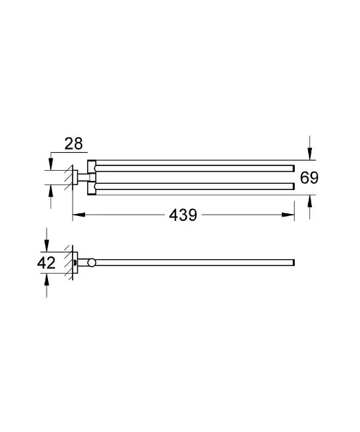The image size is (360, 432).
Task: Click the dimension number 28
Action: point(73,144)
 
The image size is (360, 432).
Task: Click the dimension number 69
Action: point(309,178)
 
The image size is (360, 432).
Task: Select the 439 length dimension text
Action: point(183,215)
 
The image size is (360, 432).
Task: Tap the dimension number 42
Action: point(46,263)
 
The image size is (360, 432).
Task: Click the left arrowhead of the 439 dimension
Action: point(79,215)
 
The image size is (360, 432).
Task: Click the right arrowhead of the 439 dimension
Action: point(288,215)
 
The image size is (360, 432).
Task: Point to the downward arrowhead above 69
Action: point(310,154)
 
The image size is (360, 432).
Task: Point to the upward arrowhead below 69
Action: point(310,201)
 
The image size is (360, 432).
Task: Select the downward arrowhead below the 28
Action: point(51,164)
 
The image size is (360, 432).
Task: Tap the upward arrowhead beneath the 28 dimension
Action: point(51,191)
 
